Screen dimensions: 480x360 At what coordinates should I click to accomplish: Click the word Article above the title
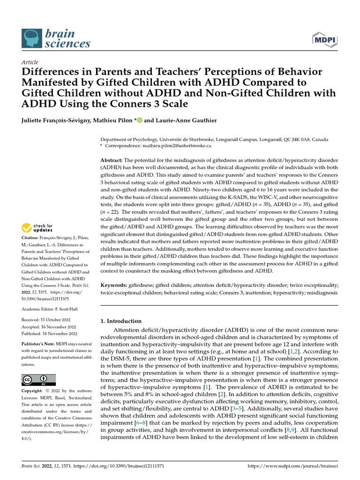(30, 62)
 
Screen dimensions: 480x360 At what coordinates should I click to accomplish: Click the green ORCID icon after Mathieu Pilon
(139, 120)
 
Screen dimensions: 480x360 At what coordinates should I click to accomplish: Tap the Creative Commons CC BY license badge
(38, 379)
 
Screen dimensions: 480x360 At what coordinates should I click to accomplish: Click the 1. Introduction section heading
(121, 321)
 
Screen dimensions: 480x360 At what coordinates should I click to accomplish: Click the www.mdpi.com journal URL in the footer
(292, 466)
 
